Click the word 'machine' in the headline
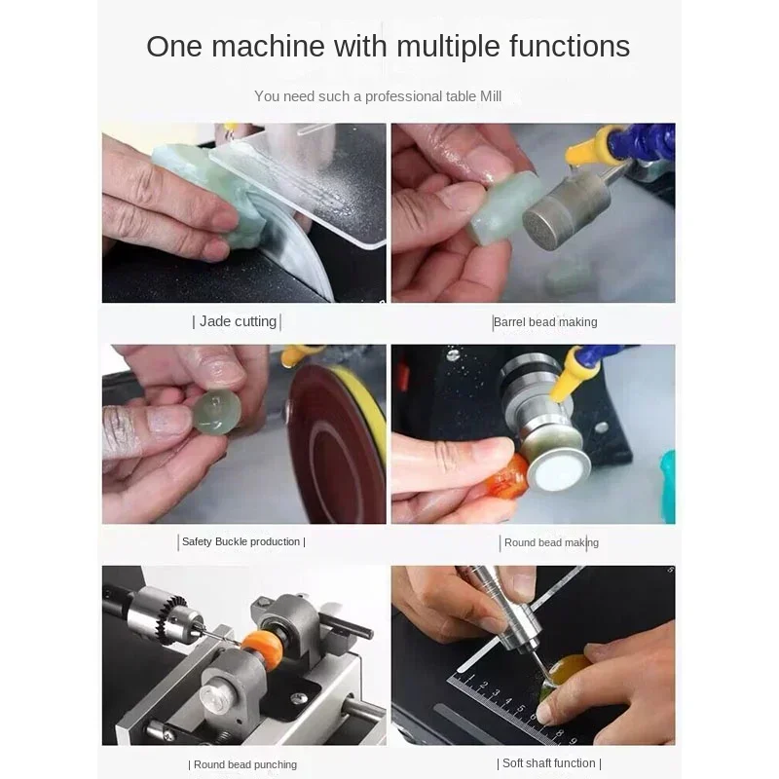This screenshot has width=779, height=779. tap(269, 46)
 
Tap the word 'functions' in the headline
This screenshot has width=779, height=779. tap(570, 46)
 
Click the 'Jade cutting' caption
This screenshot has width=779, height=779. tap(238, 321)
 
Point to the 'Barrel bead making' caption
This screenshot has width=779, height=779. tap(545, 322)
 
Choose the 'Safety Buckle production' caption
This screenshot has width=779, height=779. tap(241, 541)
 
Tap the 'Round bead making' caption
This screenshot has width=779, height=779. tap(551, 542)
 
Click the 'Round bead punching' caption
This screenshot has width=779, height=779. tap(245, 764)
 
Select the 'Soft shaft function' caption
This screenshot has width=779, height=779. tap(548, 763)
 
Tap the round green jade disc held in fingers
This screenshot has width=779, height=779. tap(215, 411)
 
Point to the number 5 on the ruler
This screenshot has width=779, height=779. tap(521, 709)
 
